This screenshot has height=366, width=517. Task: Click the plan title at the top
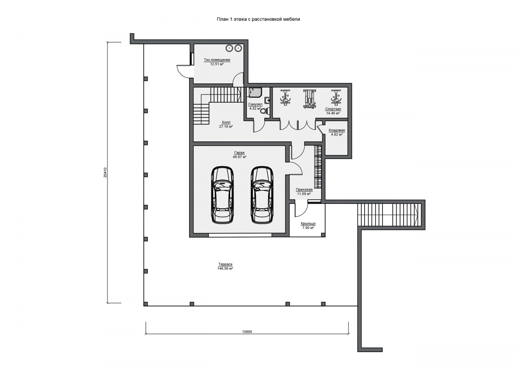coord(258,19)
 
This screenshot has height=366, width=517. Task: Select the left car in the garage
coord(222,195)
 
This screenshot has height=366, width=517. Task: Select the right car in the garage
coord(262,195)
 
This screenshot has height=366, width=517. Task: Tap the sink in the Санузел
coord(267,101)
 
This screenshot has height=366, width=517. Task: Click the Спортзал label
coord(333,109)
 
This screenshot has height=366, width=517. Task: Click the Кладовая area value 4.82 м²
coord(337,134)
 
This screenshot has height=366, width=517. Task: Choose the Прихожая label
coord(304,189)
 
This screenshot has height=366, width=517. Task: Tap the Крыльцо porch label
coord(308,224)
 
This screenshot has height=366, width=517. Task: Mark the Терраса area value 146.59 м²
coord(225,268)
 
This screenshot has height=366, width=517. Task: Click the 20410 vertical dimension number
coord(105,172)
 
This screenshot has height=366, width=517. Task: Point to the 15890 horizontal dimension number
coord(247,332)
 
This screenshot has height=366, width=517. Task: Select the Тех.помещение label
coord(217,60)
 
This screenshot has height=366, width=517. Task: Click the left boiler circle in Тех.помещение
coord(229,48)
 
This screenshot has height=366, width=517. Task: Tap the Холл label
coord(226,122)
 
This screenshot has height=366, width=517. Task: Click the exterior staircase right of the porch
coord(389,215)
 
